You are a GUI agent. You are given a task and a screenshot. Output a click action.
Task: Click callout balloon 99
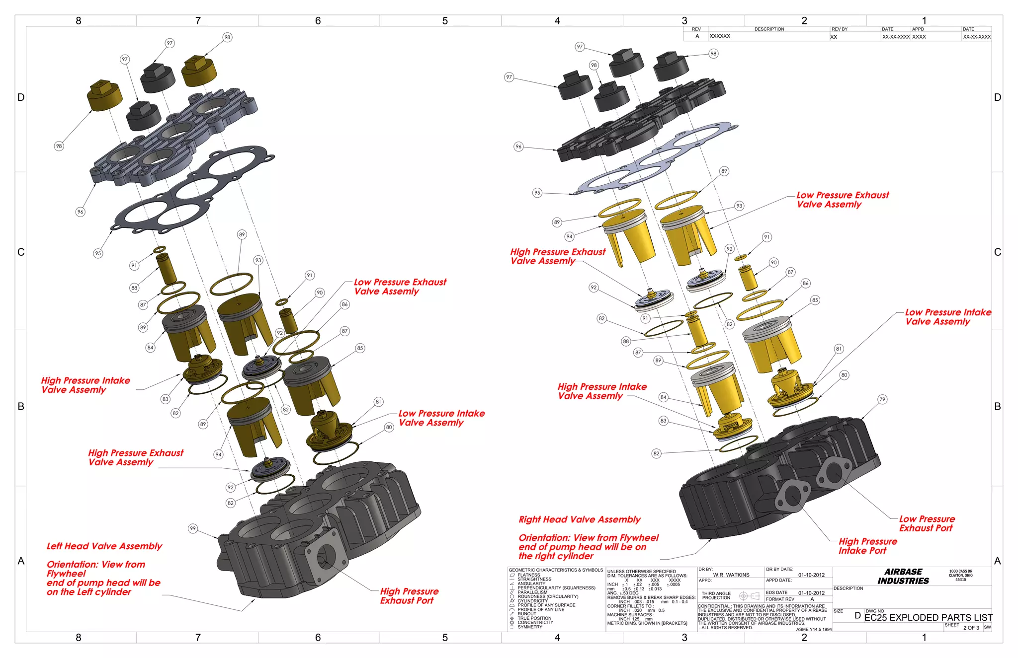193,528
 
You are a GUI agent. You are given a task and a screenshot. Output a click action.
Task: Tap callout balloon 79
882,399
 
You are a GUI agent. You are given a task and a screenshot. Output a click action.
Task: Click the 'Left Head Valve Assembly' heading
104,546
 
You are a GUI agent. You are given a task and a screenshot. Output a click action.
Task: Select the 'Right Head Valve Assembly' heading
580,519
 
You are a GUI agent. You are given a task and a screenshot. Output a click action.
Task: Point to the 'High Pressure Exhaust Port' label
409,596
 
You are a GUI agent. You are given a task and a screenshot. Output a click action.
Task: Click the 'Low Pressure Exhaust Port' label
927,523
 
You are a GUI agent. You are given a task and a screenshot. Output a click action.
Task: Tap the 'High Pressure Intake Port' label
868,546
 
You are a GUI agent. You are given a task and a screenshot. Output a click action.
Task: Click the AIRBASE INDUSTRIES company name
903,577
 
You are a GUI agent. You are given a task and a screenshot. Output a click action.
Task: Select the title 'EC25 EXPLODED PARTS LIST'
928,617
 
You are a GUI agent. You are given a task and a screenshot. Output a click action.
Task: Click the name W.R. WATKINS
731,575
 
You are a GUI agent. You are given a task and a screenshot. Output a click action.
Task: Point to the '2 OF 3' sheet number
971,628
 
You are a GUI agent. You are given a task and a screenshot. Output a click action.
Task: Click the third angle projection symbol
749,595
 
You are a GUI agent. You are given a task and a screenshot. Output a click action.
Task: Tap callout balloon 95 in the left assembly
98,253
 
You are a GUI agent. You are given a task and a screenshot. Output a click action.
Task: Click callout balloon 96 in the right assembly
518,146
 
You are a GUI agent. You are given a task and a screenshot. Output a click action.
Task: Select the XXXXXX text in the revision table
720,36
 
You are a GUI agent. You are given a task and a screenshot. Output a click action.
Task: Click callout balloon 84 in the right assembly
664,397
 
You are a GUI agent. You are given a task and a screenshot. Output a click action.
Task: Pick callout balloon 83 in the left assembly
166,399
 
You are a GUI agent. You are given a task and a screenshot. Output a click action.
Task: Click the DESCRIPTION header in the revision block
769,29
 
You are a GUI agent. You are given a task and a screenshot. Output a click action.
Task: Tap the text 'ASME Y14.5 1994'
814,629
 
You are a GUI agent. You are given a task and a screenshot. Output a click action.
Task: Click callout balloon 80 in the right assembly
844,375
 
